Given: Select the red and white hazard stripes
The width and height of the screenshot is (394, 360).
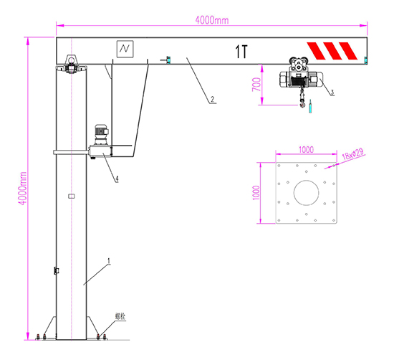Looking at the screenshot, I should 331,51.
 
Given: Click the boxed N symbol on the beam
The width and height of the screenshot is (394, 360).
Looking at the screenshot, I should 126,49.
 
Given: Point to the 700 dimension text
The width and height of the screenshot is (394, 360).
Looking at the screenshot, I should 256,85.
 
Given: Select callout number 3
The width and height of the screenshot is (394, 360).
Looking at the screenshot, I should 332,92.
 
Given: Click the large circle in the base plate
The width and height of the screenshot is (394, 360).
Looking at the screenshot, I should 307,193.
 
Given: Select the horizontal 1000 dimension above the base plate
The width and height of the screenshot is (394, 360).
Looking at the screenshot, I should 306,151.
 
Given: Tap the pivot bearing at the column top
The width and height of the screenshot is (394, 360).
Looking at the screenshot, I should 72,65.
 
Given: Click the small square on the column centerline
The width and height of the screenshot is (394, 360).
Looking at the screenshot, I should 71,195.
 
